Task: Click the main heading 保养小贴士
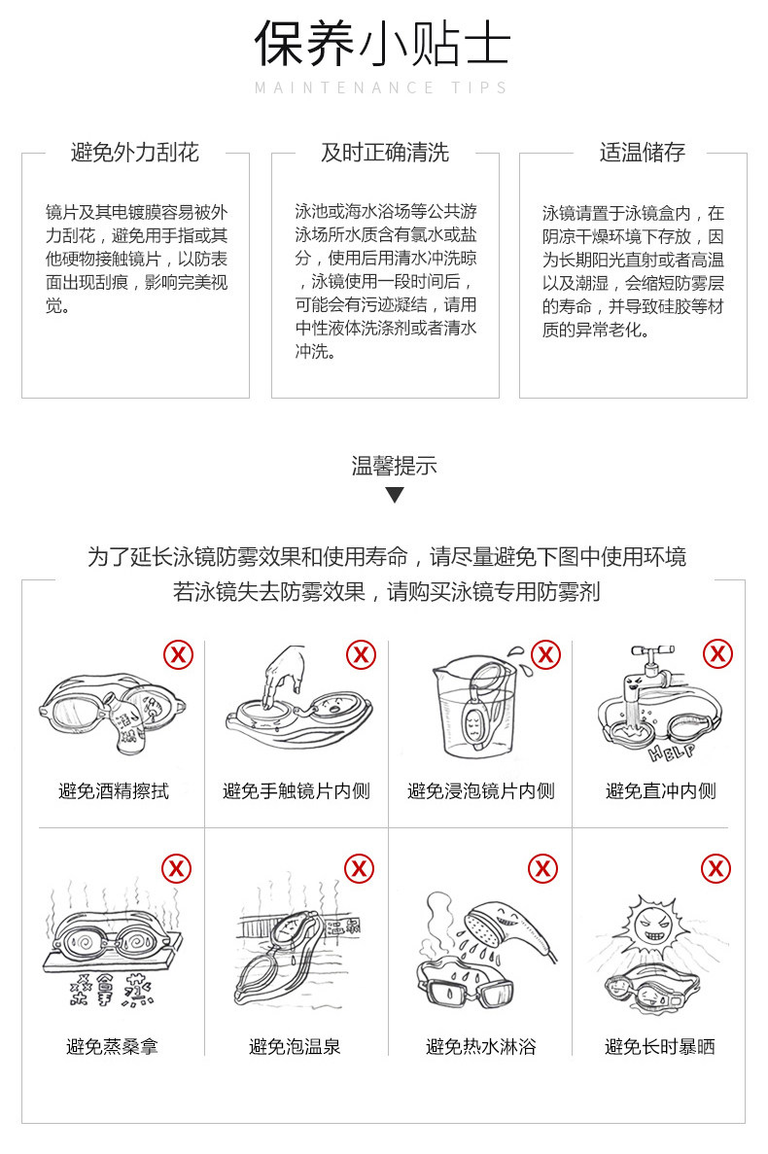point(382,43)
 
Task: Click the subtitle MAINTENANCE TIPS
point(381,88)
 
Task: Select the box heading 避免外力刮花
point(134,153)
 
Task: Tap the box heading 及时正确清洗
point(385,153)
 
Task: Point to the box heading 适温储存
point(643,153)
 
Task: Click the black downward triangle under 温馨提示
point(395,495)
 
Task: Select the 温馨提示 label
point(395,466)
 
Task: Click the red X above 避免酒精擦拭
point(178,654)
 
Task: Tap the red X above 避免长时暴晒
point(716,868)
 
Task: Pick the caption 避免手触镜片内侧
point(297,791)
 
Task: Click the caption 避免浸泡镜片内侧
point(481,791)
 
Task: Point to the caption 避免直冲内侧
point(661,791)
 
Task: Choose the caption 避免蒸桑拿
point(112,1046)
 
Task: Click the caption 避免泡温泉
point(295,1046)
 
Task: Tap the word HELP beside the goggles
point(672,752)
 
